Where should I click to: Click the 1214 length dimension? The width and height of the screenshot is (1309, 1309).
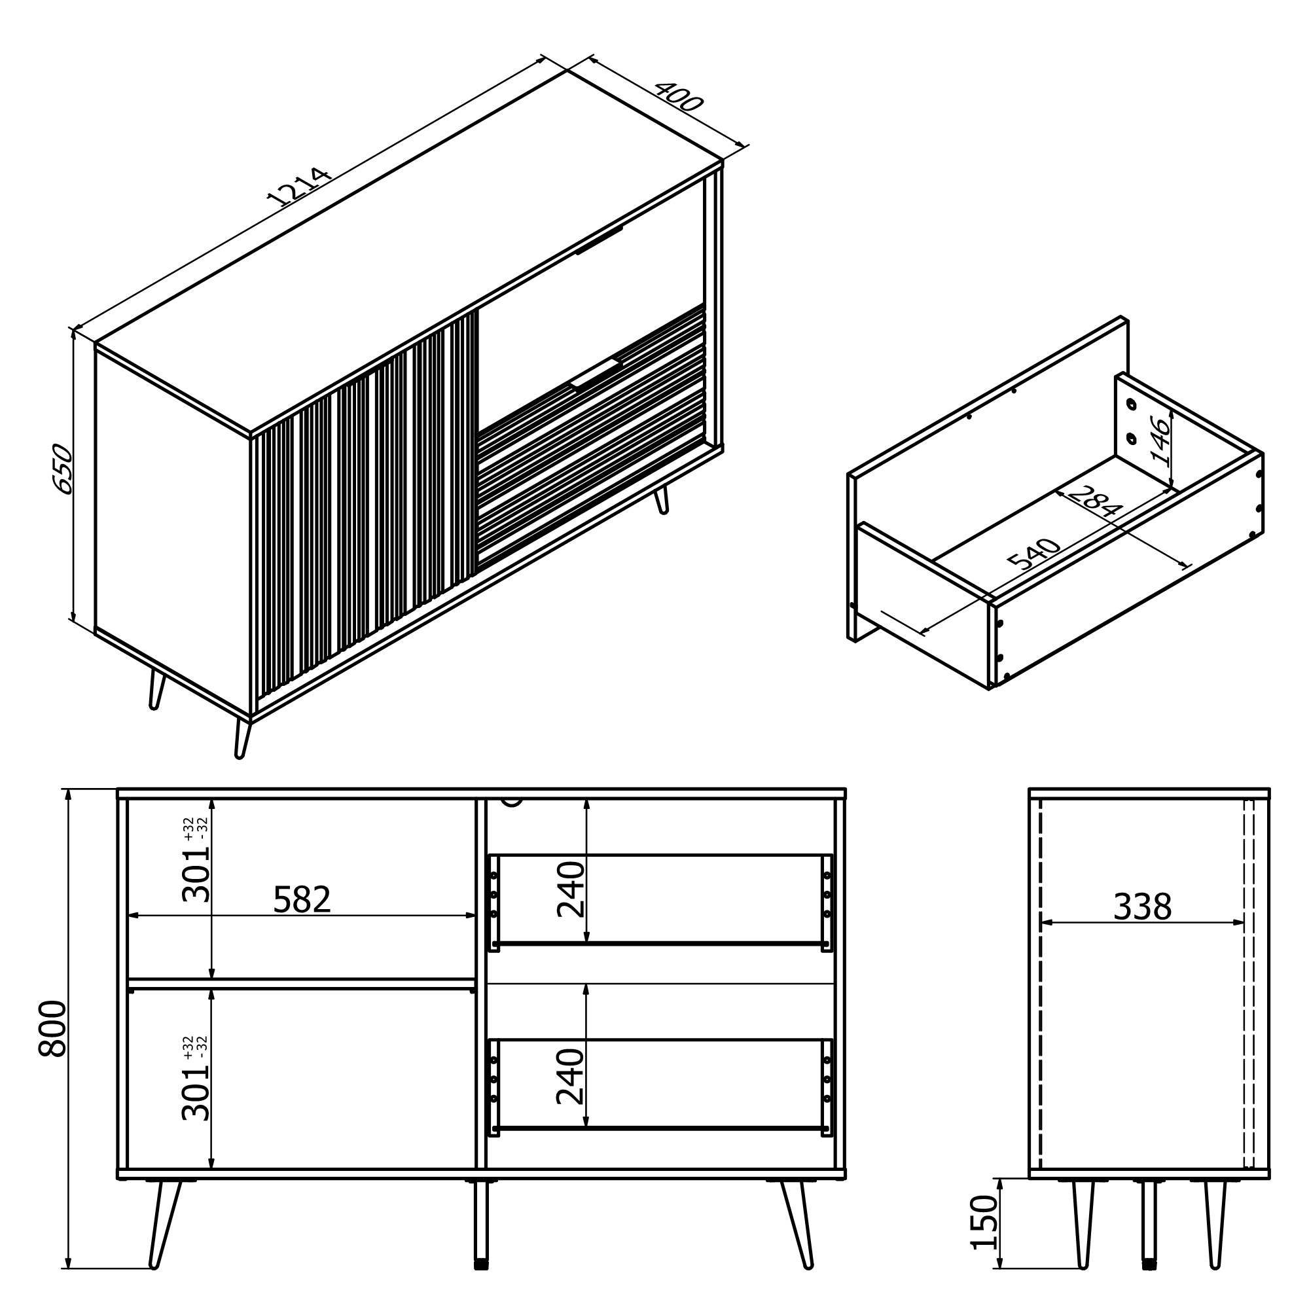[x=299, y=187]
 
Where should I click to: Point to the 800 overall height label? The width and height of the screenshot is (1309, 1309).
[x=53, y=1029]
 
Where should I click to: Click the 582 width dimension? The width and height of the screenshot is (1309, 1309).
[x=302, y=900]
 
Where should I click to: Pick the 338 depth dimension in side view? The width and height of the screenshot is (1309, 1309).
[x=1142, y=907]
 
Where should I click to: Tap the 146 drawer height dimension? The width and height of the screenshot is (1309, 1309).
[x=1160, y=442]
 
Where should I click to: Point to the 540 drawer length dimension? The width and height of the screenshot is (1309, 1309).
[x=1034, y=554]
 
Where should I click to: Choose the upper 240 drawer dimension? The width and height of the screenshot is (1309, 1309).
[x=571, y=889]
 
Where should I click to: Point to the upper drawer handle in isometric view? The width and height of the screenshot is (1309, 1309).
[x=599, y=240]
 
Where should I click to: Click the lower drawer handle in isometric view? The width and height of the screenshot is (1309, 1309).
[x=596, y=373]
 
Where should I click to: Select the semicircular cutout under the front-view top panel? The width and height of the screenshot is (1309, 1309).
[x=513, y=802]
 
